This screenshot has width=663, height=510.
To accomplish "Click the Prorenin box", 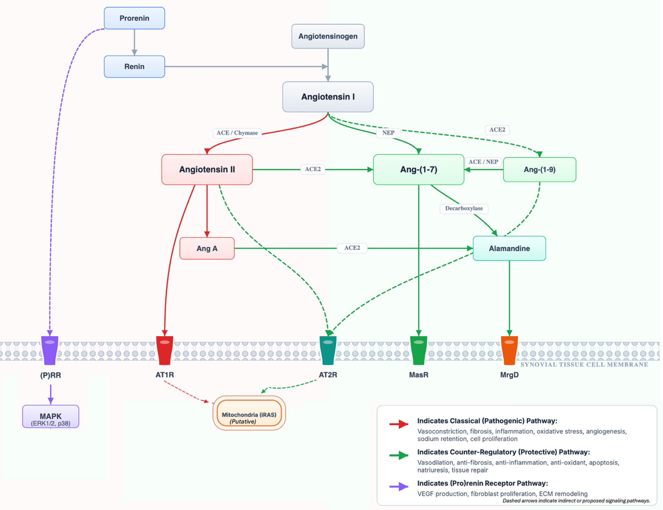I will (x=134, y=18).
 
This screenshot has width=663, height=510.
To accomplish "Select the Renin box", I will (x=134, y=66).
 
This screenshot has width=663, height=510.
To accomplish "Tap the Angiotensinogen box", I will (x=328, y=36).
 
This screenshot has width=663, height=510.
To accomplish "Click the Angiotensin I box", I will (x=328, y=97).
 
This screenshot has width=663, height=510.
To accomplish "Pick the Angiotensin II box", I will (x=207, y=169).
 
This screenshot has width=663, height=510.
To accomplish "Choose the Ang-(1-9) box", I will (x=539, y=169).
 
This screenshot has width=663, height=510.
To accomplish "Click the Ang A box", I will (x=207, y=248).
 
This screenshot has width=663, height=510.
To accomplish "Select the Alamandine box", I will (x=509, y=248).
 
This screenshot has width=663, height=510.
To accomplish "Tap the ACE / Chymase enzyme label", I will (x=237, y=133).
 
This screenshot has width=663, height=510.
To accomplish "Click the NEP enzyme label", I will (x=388, y=133).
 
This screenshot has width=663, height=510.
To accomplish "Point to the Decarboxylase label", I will (x=463, y=208).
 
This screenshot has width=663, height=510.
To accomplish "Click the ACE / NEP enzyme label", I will (x=483, y=162).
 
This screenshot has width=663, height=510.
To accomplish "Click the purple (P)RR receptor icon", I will (x=50, y=350).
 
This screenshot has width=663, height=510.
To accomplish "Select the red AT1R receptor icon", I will (x=164, y=350).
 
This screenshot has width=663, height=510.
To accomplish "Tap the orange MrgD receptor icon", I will (x=509, y=350).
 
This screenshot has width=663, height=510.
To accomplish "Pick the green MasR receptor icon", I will (x=418, y=350).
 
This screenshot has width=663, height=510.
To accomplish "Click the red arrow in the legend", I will (x=399, y=424).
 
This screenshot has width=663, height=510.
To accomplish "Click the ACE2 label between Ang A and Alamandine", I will (x=351, y=248).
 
